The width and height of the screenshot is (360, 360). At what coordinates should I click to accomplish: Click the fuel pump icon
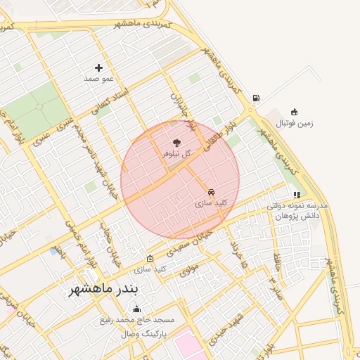[255, 98]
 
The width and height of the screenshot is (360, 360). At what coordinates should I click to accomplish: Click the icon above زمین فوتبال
[294, 112]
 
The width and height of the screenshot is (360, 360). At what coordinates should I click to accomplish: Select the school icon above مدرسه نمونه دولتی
[297, 195]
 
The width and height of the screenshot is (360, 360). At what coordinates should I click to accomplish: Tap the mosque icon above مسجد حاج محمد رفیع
[136, 309]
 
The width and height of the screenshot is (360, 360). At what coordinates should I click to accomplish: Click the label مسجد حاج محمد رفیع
[137, 321]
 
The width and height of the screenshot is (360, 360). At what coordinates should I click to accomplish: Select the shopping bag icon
[149, 258]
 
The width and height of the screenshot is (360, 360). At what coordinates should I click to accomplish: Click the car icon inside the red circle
[211, 191]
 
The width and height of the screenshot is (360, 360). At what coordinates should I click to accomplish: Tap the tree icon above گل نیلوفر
[176, 141]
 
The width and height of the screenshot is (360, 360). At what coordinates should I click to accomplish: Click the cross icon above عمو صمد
[98, 68]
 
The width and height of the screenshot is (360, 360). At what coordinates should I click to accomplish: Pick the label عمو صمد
[98, 79]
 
